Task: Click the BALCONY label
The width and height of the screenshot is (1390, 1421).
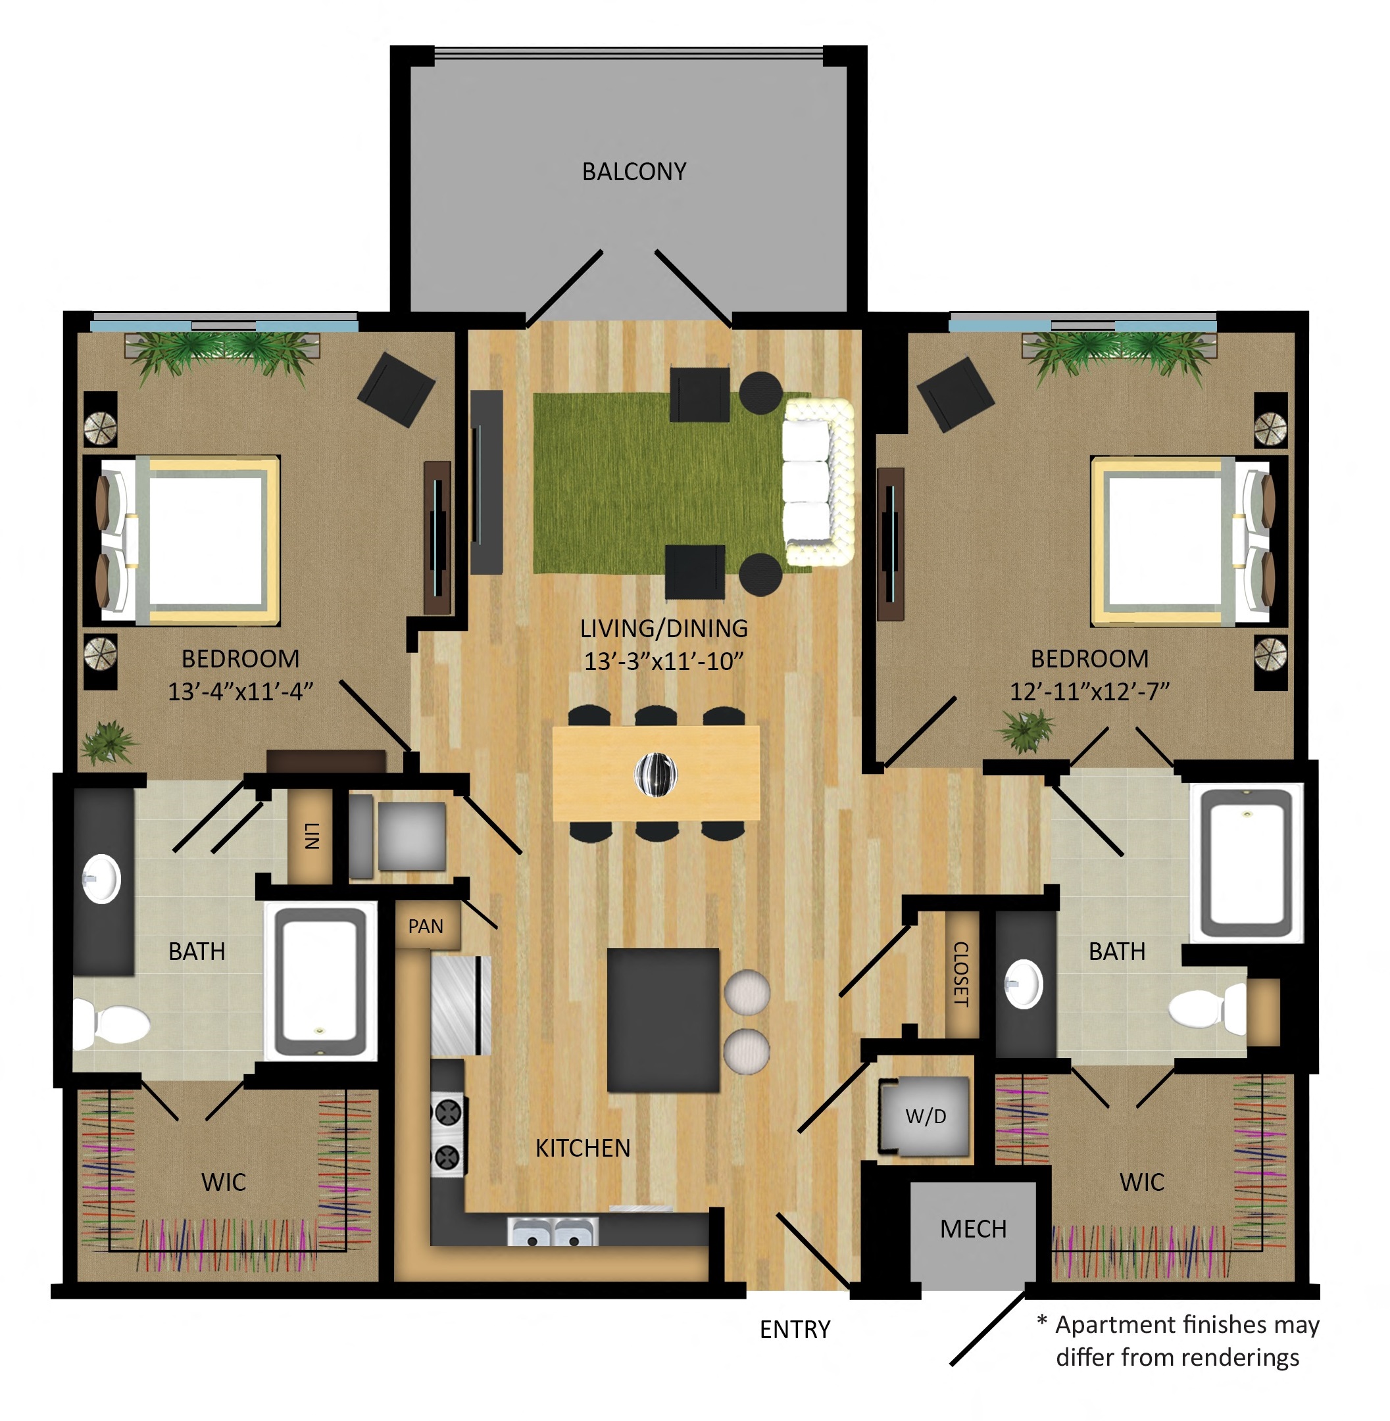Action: coord(633,172)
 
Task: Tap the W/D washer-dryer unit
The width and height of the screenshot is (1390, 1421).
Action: coord(925,1116)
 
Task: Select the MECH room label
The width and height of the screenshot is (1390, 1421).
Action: coord(973,1229)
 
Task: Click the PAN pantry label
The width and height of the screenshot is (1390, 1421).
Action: coord(426,926)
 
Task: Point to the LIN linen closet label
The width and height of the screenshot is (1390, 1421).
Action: coord(312,836)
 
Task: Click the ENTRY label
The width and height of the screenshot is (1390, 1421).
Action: coord(795,1330)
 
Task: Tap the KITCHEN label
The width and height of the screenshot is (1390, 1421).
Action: coord(583,1148)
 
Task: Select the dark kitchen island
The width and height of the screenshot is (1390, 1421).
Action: coord(663,1020)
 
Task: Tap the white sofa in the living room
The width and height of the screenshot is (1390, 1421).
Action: coord(818,482)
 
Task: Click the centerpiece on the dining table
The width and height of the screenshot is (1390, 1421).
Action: coord(656,774)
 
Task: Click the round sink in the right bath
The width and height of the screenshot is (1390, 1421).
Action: coord(1024,984)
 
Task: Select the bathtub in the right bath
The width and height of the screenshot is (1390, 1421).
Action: coord(1246,863)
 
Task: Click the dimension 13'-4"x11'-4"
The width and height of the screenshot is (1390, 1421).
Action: coord(240,691)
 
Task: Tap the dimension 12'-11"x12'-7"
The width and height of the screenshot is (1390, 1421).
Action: coord(1089,691)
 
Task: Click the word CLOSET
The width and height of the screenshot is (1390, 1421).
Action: coord(960,975)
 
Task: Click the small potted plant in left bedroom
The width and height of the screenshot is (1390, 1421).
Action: coord(109,742)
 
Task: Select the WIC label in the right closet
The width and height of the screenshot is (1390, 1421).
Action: coord(1142,1182)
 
